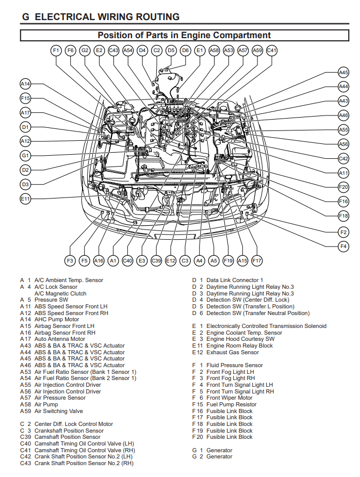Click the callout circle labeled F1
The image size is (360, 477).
(x=56, y=51)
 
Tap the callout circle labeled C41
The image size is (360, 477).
(x=272, y=51)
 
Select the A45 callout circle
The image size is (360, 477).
(x=343, y=73)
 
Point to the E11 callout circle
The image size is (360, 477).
(x=26, y=199)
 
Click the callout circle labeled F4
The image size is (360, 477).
(x=343, y=246)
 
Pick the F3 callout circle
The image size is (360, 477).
(x=70, y=261)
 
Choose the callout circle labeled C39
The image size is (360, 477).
(x=156, y=261)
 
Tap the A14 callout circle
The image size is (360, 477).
(x=26, y=84)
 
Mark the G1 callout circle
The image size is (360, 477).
(x=26, y=155)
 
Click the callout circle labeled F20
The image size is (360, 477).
(x=343, y=187)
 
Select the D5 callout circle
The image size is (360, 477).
(x=171, y=51)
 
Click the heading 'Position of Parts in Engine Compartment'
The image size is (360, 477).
(x=184, y=36)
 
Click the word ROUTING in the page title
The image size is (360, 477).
(x=150, y=17)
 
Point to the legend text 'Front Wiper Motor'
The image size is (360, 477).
(x=230, y=398)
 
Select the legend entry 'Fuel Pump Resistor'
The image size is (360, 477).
(x=232, y=405)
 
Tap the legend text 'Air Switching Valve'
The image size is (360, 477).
(x=58, y=411)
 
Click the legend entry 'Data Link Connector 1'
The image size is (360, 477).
(x=235, y=280)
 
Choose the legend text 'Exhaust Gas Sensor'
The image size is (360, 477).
(x=233, y=352)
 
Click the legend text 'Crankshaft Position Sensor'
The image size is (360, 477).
(x=69, y=431)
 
